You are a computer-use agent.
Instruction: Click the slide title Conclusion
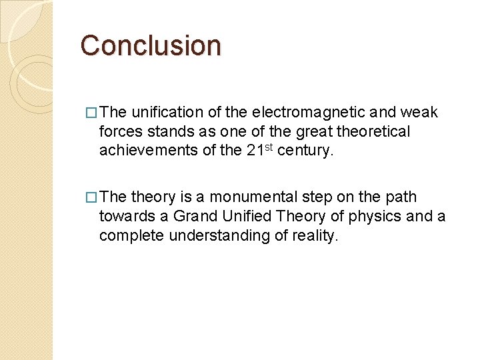150,46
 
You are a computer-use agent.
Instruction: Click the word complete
129,236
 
